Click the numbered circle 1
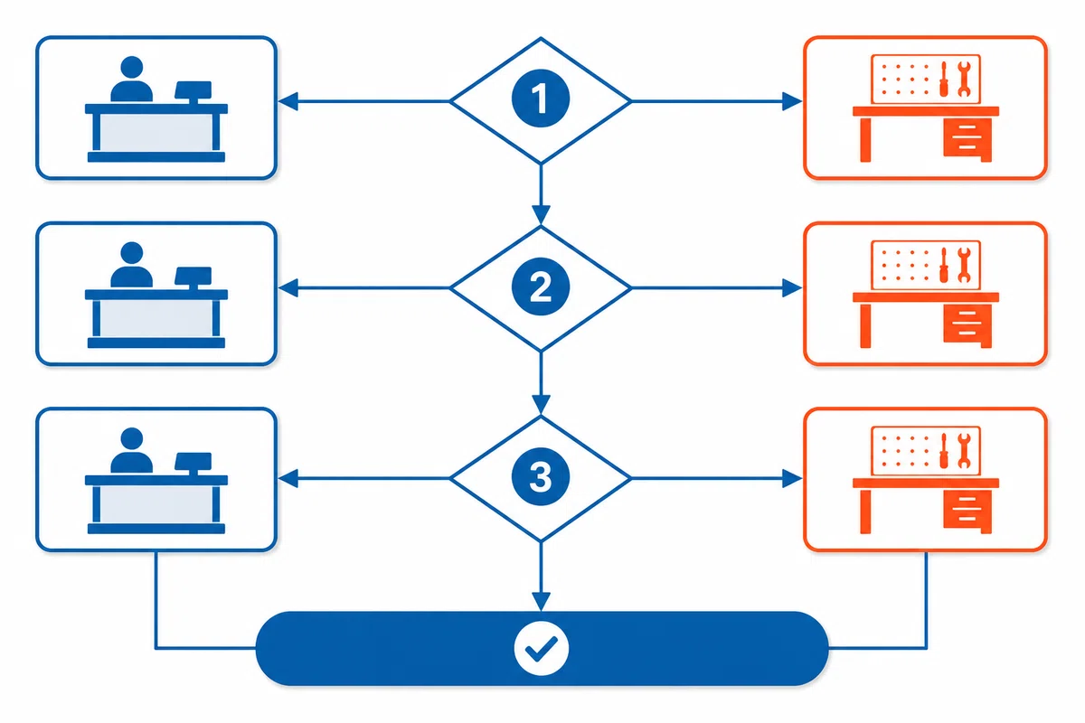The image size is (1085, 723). tap(541, 99)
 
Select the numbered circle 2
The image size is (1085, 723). tap(541, 286)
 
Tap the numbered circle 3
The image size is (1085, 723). tap(541, 477)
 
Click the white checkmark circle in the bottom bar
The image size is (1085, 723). tap(541, 648)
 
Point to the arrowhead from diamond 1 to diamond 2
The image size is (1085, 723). tap(541, 214)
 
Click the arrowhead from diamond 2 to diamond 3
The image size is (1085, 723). tap(541, 404)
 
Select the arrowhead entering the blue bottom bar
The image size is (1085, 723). tap(541, 601)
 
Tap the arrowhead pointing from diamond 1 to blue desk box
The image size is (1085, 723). tap(288, 102)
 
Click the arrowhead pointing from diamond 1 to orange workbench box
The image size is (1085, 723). tap(792, 102)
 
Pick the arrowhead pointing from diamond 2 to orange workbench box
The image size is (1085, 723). tap(792, 288)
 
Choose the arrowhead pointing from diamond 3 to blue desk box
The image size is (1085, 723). tap(288, 478)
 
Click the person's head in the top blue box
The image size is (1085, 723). tap(131, 67)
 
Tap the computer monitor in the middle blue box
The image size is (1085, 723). tap(193, 277)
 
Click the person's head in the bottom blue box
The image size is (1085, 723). tap(131, 438)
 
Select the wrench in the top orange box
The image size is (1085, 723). tap(964, 79)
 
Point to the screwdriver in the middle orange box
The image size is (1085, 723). tap(944, 265)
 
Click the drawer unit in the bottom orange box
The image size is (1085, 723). tap(967, 512)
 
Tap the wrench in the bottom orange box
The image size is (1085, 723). tap(964, 450)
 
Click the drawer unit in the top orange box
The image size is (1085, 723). tap(967, 140)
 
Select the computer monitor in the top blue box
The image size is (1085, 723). tap(193, 92)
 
